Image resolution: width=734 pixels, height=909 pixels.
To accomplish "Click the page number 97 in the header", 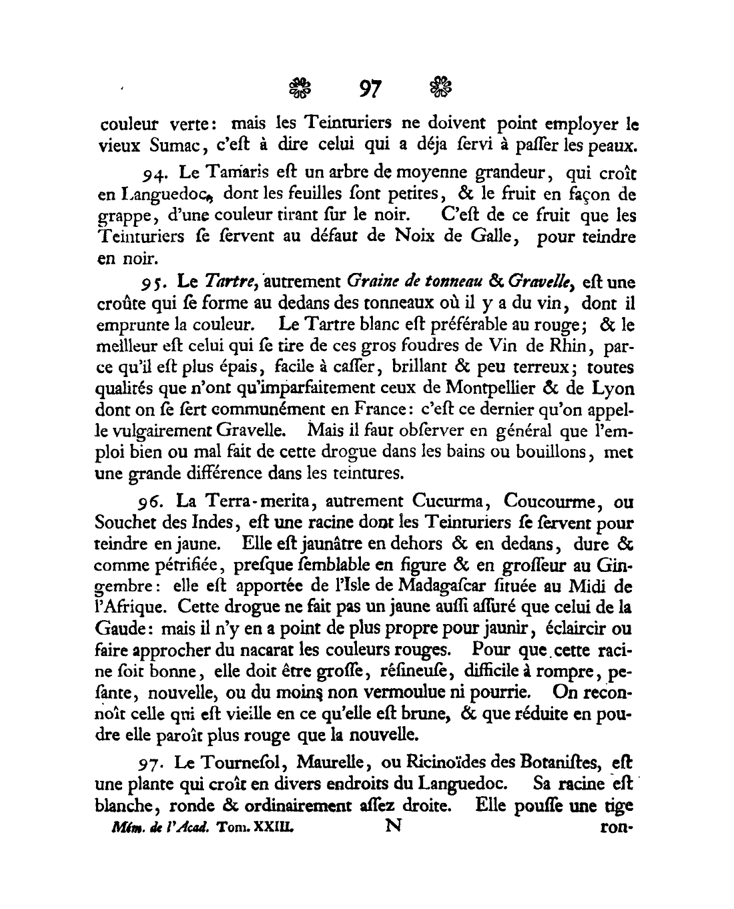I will [369, 88].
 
